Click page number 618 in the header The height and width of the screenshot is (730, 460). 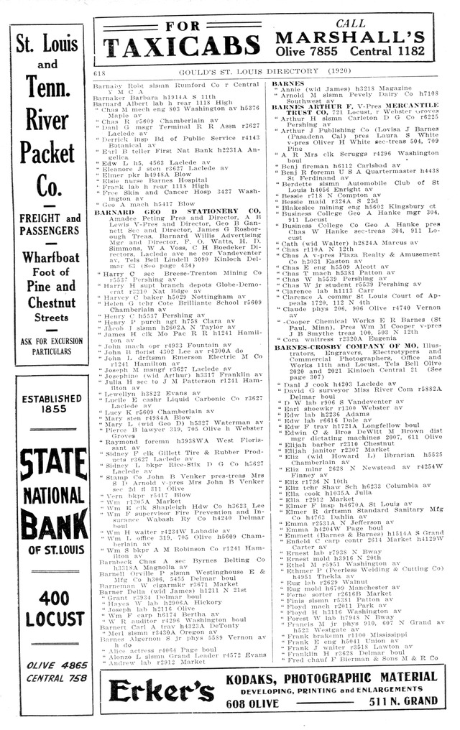click(99, 73)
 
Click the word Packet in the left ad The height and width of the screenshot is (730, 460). click(47, 152)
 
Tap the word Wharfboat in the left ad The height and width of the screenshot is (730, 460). click(47, 258)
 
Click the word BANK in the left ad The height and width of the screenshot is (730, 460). click(47, 526)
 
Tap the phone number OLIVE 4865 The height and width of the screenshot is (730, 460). click(47, 665)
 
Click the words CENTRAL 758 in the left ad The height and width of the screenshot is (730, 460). click(47, 677)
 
